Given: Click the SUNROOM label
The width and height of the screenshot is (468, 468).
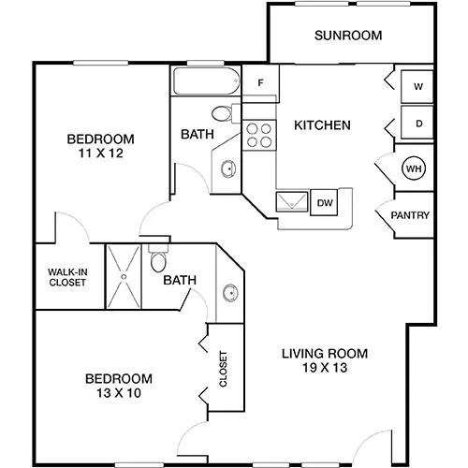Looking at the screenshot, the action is (348, 36).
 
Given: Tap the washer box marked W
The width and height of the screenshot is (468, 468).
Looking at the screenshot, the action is (417, 86).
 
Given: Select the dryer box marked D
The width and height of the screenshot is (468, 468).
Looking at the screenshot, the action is (417, 123).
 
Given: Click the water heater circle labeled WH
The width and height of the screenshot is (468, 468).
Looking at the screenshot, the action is (414, 168).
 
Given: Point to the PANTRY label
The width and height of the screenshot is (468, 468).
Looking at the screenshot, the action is (410, 215).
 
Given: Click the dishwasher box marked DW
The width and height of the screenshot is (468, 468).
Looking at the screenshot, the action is (324, 202).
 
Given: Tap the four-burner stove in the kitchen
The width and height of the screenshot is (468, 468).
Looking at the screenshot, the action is (259, 136).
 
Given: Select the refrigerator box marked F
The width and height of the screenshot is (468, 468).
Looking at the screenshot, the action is (260, 82).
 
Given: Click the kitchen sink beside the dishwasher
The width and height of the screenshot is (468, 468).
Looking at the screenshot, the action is (292, 201).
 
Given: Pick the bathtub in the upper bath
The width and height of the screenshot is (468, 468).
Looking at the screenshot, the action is (207, 80).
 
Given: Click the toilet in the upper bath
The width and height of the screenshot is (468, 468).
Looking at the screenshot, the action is (226, 113).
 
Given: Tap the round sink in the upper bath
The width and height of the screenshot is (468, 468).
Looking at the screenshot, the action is (228, 169).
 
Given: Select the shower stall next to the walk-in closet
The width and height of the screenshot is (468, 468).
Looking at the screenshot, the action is (124, 276).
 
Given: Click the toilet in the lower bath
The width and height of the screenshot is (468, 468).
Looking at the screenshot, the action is (158, 258).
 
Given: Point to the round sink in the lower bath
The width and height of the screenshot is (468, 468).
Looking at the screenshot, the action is (230, 293).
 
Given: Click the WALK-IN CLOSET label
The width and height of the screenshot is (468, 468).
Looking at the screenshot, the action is (67, 277).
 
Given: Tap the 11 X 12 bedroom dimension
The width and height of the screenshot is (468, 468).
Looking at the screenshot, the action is (101, 154).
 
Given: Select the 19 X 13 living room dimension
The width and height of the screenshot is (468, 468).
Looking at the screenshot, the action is (325, 368).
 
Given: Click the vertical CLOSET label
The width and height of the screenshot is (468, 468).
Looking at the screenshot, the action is (223, 369).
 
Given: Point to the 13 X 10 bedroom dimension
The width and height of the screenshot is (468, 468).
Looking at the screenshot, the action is (119, 393).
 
